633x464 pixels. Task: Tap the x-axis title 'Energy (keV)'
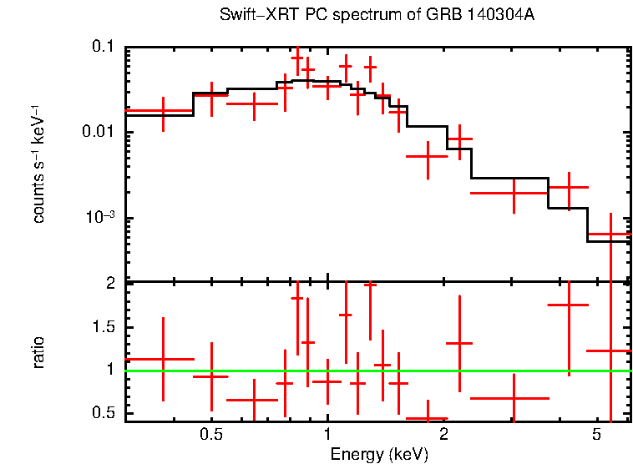click(379, 454)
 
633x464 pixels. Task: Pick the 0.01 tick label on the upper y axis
click(98, 133)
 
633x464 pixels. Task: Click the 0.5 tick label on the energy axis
click(211, 435)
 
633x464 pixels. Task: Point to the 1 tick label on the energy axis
click(327, 435)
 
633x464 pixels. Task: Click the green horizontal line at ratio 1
click(501, 371)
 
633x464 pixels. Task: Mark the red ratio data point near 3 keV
click(514, 398)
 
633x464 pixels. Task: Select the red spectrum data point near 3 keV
click(514, 193)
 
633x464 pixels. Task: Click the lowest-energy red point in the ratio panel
click(163, 359)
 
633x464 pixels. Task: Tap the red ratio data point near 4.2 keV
click(569, 305)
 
